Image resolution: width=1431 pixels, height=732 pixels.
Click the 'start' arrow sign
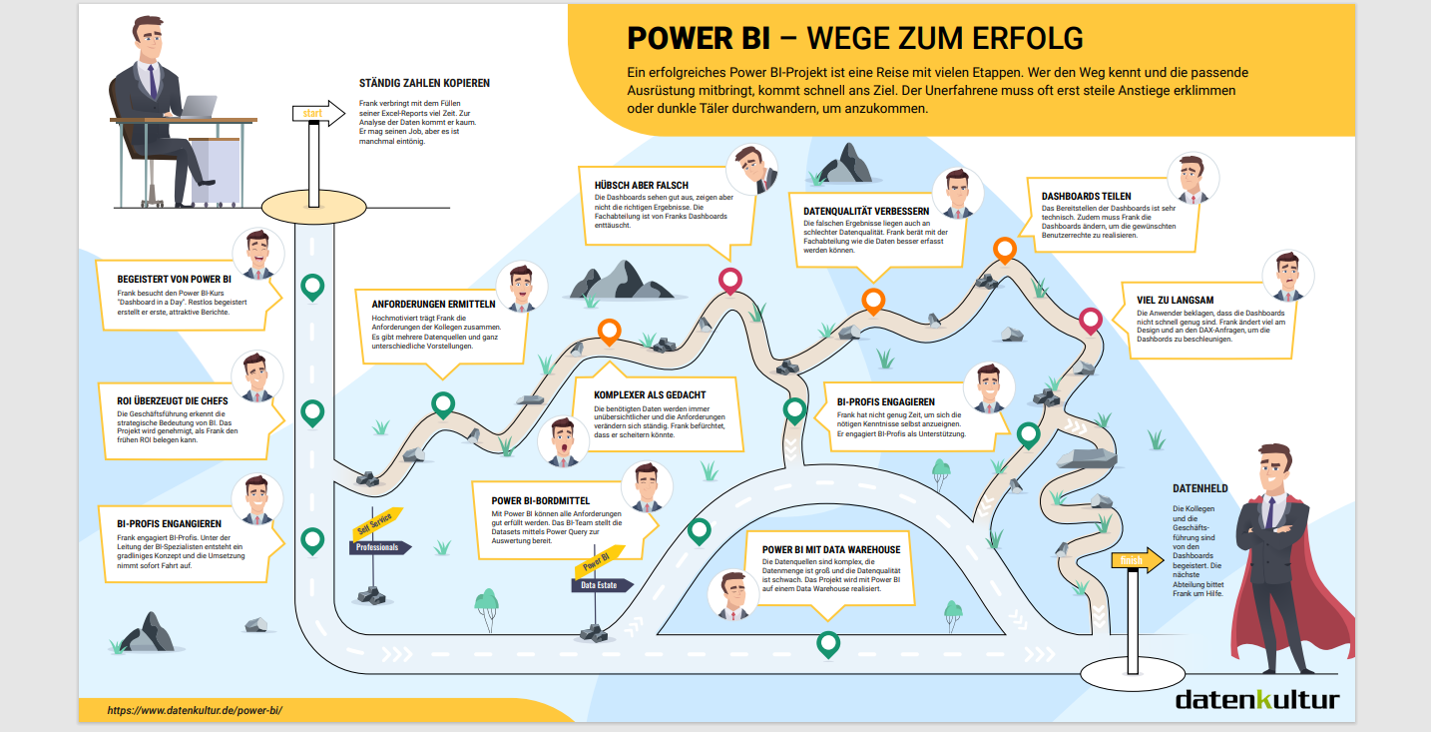[x=313, y=113]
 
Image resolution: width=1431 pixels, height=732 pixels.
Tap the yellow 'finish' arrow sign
[x=1136, y=560]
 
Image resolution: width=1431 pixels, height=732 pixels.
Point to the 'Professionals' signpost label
[x=378, y=547]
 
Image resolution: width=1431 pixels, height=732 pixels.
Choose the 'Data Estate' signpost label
[x=600, y=585]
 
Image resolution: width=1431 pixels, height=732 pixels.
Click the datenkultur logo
[x=1256, y=698]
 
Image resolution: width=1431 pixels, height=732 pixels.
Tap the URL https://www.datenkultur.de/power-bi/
[x=196, y=710]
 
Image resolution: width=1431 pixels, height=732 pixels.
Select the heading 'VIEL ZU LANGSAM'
[x=1176, y=299]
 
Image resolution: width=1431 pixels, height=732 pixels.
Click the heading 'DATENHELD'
[x=1199, y=488]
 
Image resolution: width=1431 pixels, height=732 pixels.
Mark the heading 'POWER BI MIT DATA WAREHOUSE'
[x=831, y=549]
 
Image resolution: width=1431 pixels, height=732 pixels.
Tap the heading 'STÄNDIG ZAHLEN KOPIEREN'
[x=424, y=84]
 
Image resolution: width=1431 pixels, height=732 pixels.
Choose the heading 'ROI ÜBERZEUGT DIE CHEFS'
[x=172, y=401]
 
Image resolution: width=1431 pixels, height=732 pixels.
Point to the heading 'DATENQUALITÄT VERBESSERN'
[x=866, y=212]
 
